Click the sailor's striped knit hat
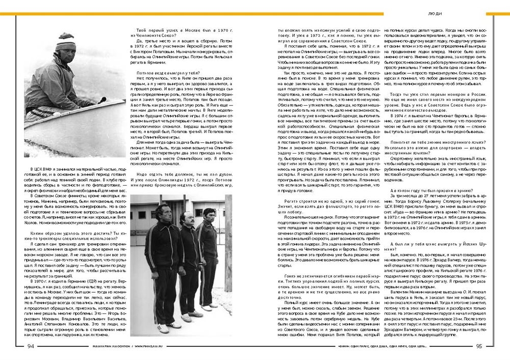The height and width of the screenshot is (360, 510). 65,41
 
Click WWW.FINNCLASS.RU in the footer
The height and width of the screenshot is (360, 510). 110,346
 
